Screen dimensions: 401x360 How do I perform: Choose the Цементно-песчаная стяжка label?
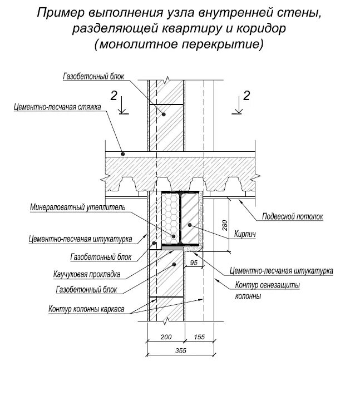(x=57, y=108)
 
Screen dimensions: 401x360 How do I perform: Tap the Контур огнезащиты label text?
(x=268, y=286)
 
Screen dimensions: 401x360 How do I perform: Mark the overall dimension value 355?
(x=179, y=350)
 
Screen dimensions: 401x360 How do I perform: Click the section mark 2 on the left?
(x=114, y=96)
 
